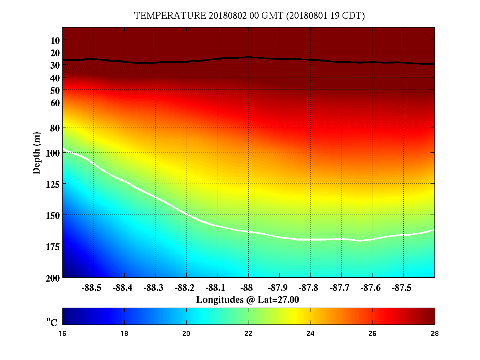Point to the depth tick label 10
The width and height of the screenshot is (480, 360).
pyautogui.click(x=55, y=40)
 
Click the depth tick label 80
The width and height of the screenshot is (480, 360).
pyautogui.click(x=55, y=128)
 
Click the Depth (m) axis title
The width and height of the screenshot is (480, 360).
pyautogui.click(x=37, y=153)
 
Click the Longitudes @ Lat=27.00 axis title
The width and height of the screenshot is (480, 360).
pyautogui.click(x=248, y=299)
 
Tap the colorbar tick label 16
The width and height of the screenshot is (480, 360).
pyautogui.click(x=63, y=334)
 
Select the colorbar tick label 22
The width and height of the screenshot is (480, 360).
pyautogui.click(x=249, y=334)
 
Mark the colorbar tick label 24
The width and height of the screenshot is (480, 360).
pyautogui.click(x=311, y=334)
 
